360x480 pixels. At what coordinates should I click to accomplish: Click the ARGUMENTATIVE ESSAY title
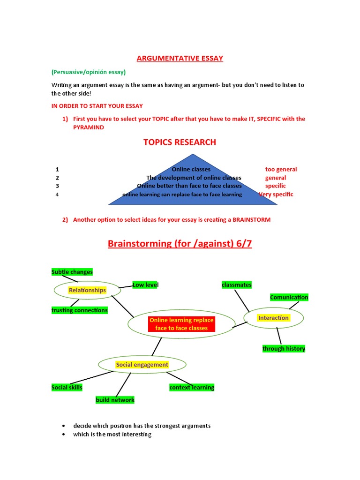pyautogui.click(x=180, y=58)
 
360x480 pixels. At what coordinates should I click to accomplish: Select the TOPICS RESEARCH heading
pyautogui.click(x=180, y=142)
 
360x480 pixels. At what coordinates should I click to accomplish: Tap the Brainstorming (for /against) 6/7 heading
pyautogui.click(x=180, y=244)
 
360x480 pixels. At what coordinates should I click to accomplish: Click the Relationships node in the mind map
pyautogui.click(x=87, y=290)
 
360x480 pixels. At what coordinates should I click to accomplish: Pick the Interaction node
pyautogui.click(x=273, y=318)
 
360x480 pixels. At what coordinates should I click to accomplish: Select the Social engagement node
pyautogui.click(x=142, y=365)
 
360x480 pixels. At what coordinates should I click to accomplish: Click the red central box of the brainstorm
pyautogui.click(x=181, y=324)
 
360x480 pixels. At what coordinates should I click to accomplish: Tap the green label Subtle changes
pyautogui.click(x=72, y=272)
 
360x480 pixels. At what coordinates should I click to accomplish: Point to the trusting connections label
pyautogui.click(x=79, y=310)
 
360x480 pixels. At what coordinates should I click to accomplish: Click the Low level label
pyautogui.click(x=145, y=285)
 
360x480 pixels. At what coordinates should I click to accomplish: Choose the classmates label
pyautogui.click(x=237, y=285)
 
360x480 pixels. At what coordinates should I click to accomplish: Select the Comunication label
pyautogui.click(x=289, y=297)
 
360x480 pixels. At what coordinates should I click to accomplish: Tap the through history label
pyautogui.click(x=284, y=348)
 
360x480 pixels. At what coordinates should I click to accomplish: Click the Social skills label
pyautogui.click(x=67, y=387)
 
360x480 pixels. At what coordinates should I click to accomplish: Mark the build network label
pyautogui.click(x=115, y=400)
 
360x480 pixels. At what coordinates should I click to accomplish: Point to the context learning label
pyautogui.click(x=192, y=387)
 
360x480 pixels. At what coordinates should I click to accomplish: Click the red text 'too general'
pyautogui.click(x=281, y=169)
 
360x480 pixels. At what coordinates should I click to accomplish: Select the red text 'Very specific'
pyautogui.click(x=276, y=194)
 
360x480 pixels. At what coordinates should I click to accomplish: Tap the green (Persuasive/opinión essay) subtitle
pyautogui.click(x=89, y=72)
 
